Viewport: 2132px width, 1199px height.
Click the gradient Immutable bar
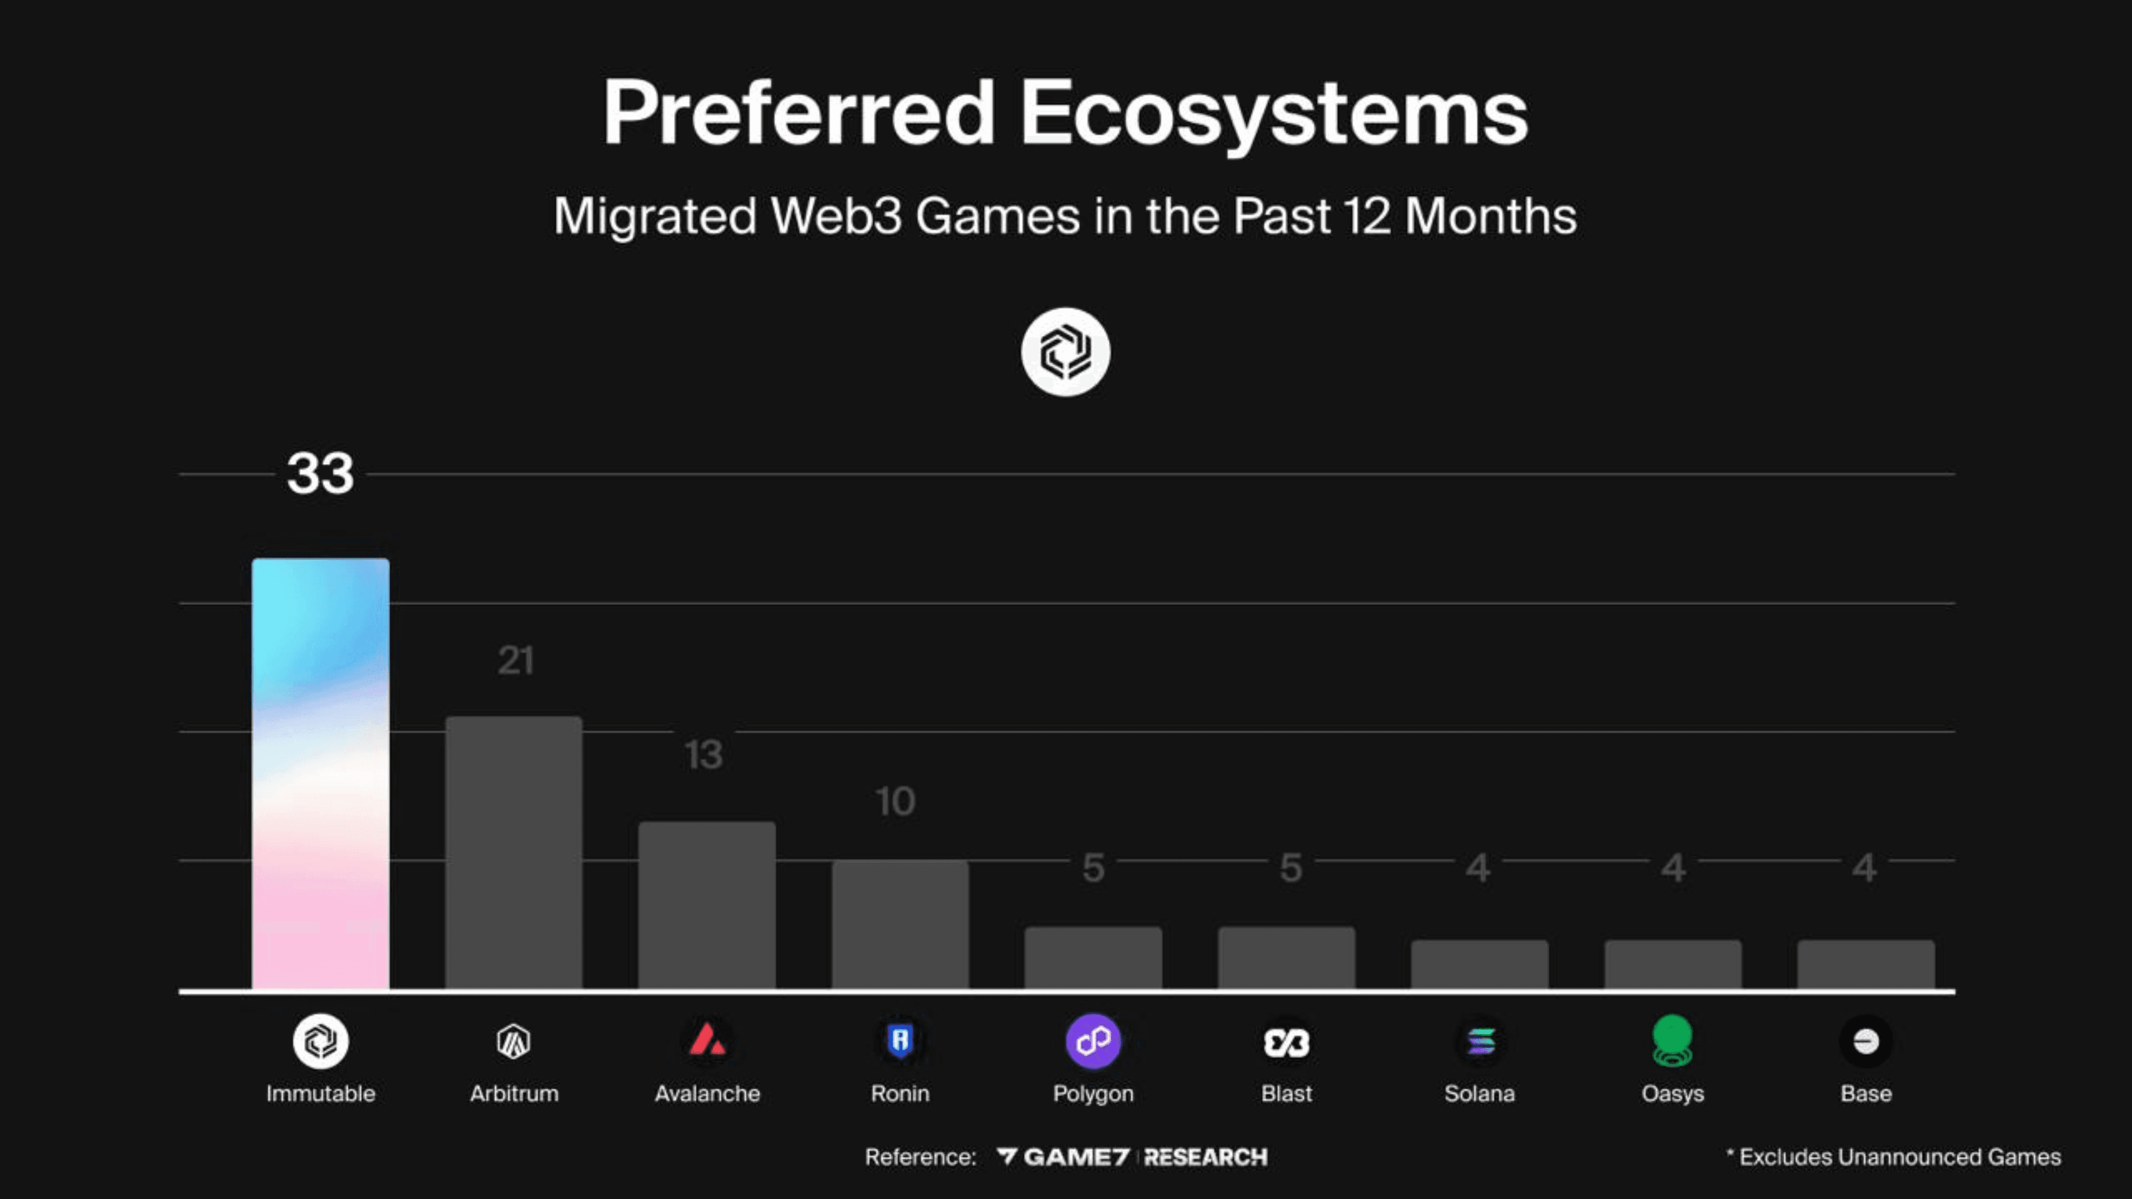pos(320,774)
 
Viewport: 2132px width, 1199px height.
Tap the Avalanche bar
pos(707,905)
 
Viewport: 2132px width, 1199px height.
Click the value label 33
pos(320,473)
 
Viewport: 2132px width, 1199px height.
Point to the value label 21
pos(515,661)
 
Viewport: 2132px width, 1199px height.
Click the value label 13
pos(703,755)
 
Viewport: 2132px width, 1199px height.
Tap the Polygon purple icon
pos(1093,1040)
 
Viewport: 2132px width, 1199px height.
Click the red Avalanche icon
pos(707,1040)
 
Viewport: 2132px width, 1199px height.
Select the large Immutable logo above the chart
pos(1065,352)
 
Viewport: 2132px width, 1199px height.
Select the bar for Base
pos(1865,964)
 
